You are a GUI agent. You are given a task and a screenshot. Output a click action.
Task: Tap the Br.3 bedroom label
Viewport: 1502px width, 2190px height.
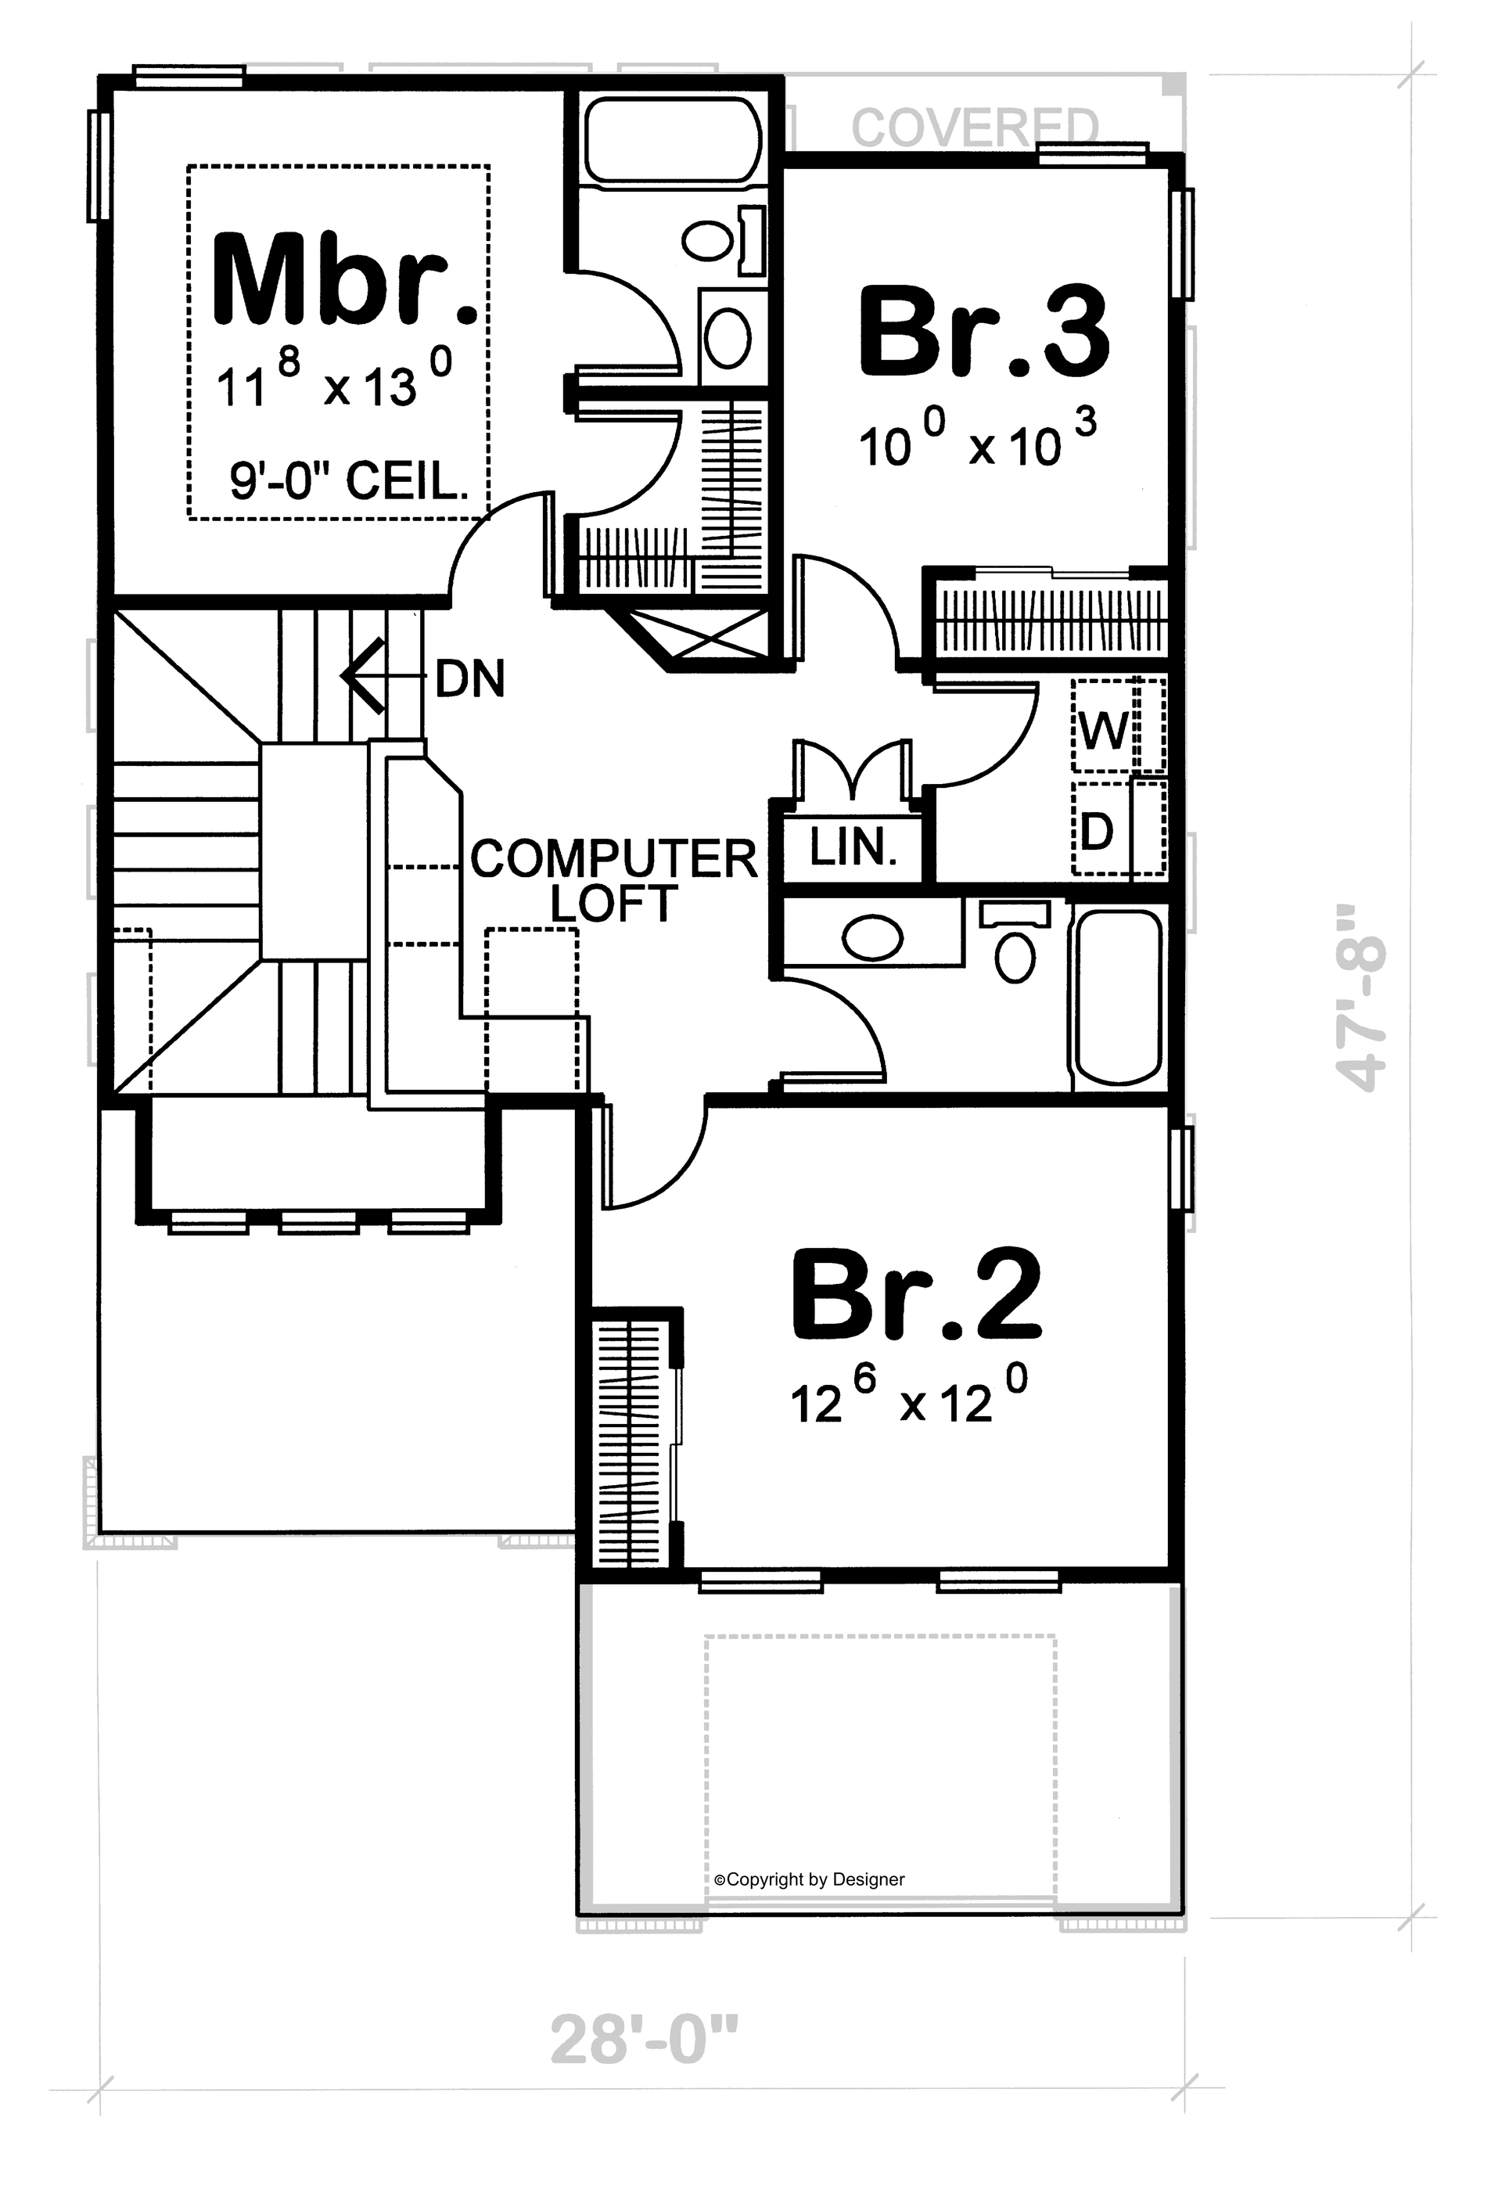coord(983,333)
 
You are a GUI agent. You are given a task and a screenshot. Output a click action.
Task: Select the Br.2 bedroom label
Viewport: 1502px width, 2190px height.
coord(916,1295)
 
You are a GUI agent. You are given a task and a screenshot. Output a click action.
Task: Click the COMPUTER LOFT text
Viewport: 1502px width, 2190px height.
coord(614,880)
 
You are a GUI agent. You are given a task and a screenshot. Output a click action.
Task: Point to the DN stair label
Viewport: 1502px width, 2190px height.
coord(470,678)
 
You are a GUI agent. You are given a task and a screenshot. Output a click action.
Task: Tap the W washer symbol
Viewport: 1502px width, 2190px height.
coord(1103,728)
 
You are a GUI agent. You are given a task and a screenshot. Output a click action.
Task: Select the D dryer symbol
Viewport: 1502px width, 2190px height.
coord(1097,831)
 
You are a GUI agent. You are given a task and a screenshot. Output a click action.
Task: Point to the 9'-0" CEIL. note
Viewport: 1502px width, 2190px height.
coord(350,483)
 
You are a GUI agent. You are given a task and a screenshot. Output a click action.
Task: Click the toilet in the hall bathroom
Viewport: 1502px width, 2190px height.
coord(1015,950)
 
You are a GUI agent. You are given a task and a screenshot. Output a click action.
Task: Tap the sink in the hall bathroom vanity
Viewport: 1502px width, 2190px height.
coord(872,937)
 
